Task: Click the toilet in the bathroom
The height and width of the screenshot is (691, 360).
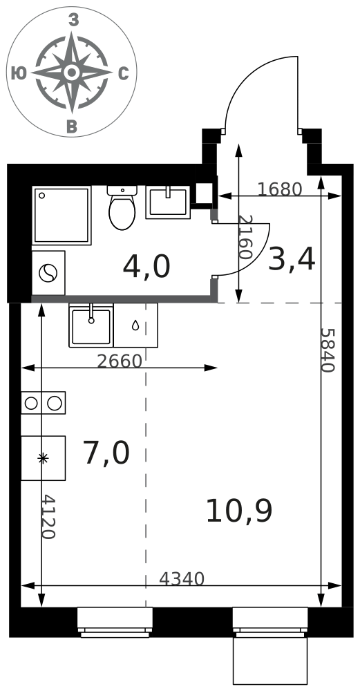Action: [x=122, y=207]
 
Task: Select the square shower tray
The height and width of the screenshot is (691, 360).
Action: [x=61, y=216]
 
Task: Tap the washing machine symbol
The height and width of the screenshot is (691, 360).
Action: [x=48, y=273]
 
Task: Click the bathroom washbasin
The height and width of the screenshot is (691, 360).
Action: [x=168, y=202]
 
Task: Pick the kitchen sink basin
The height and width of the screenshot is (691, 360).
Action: [x=91, y=325]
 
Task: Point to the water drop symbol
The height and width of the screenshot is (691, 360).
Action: [x=135, y=325]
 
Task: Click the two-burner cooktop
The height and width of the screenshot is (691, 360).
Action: [x=43, y=403]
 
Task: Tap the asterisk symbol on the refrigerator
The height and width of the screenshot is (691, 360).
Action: [x=43, y=458]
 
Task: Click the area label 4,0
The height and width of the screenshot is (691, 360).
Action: [x=146, y=267]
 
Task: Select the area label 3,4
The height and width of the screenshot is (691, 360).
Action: [x=292, y=260]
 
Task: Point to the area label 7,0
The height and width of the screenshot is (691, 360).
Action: [x=106, y=453]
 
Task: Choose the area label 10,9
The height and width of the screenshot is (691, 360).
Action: [x=239, y=511]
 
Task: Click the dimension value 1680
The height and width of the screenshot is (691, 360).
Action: [x=279, y=189]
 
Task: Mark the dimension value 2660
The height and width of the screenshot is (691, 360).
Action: [x=120, y=361]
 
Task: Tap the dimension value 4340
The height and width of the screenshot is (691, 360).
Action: [x=182, y=579]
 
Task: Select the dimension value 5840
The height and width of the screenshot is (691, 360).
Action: [x=327, y=350]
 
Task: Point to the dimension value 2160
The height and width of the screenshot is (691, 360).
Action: [x=244, y=237]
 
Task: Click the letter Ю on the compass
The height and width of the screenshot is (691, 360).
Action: [x=19, y=73]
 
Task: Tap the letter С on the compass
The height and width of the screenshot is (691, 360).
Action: [x=124, y=74]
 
